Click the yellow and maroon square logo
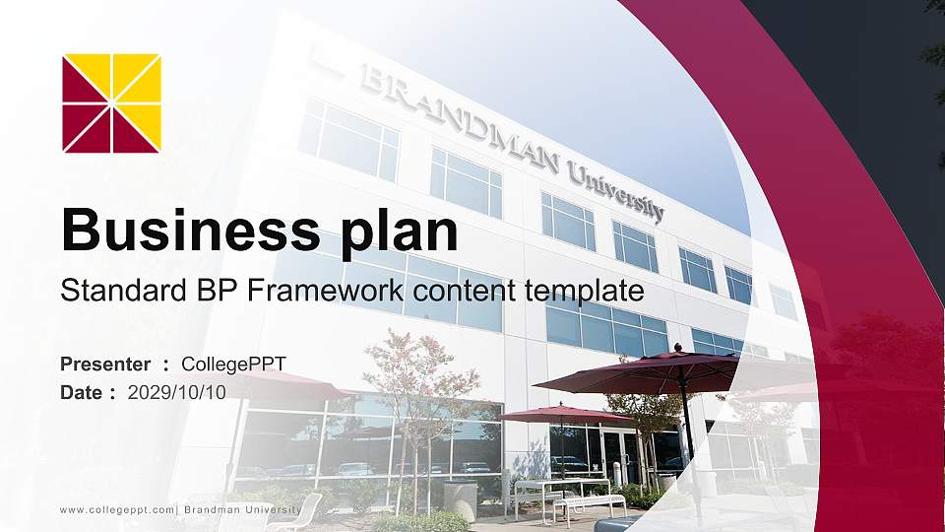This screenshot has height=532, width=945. click(x=111, y=103)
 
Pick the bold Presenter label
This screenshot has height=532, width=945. click(x=105, y=365)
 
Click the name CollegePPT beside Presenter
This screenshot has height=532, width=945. click(x=234, y=365)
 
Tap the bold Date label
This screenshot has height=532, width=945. click(x=82, y=392)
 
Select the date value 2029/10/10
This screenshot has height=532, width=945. click(x=177, y=392)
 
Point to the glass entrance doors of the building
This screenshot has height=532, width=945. click(x=620, y=455)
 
